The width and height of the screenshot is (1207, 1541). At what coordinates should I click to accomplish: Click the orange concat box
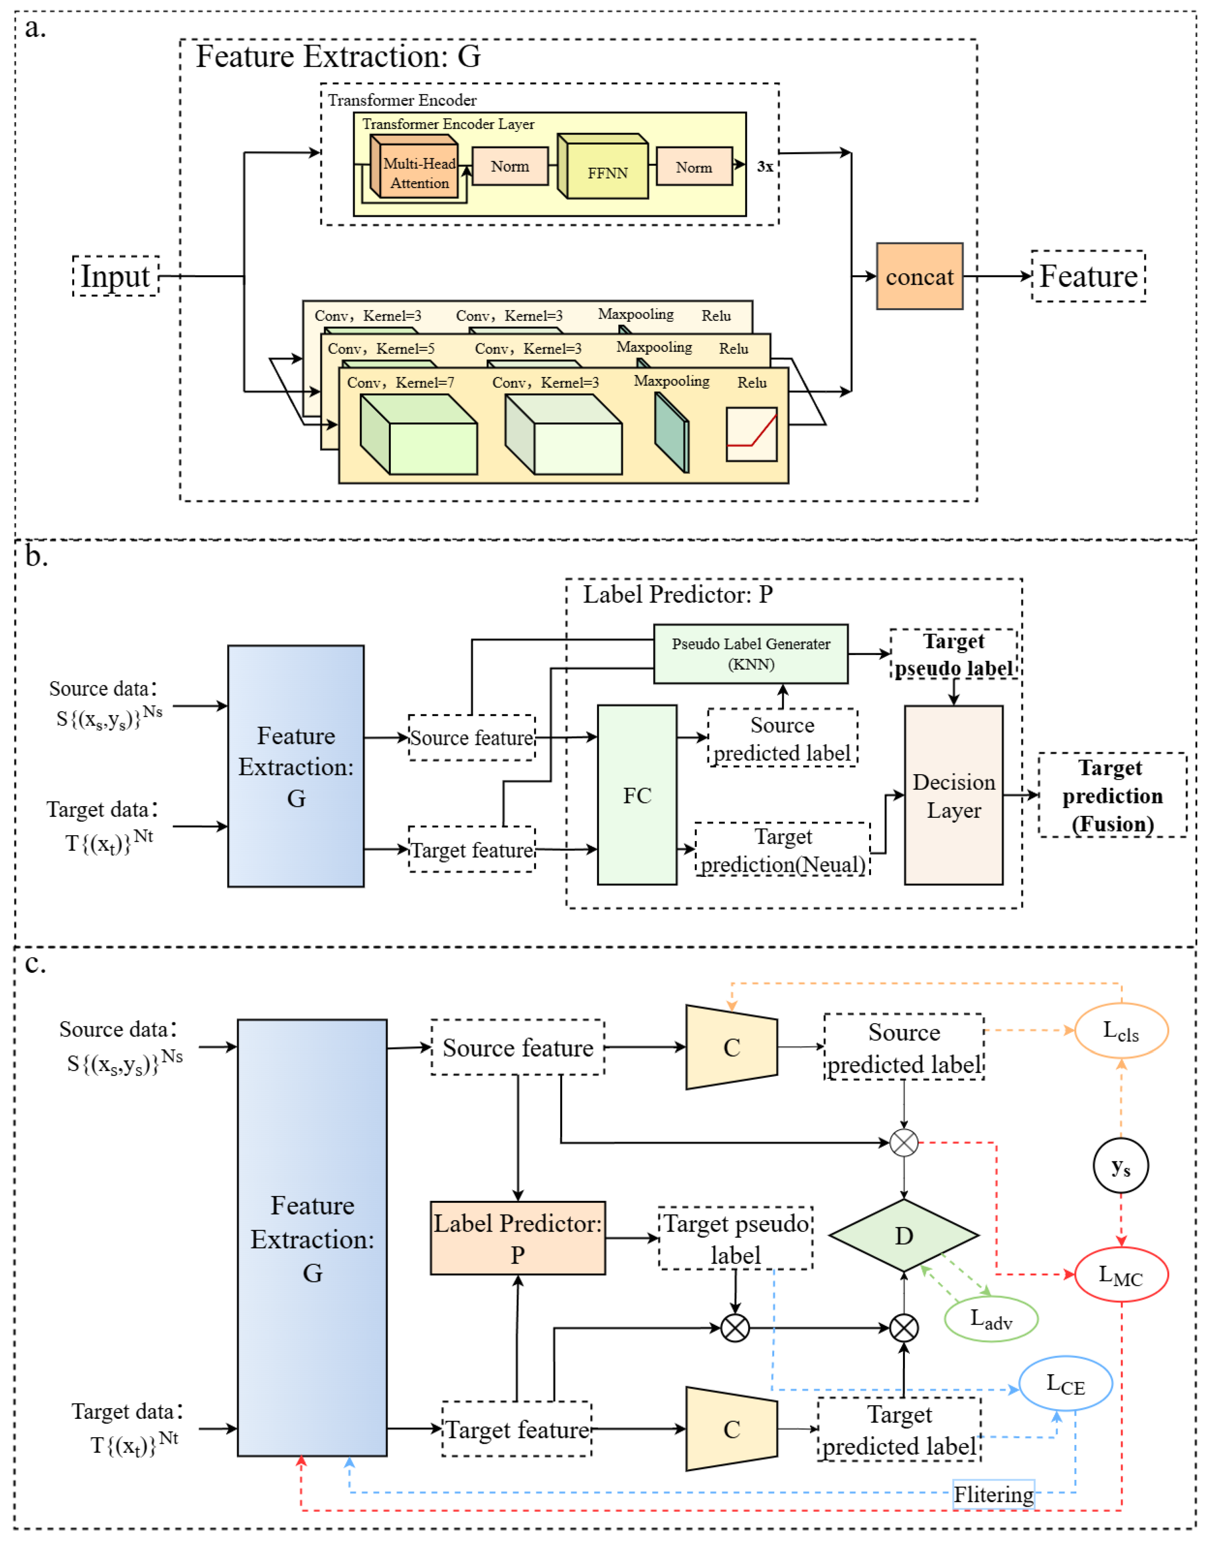pyautogui.click(x=919, y=276)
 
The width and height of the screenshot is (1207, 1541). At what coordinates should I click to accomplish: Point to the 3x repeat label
pyautogui.click(x=764, y=167)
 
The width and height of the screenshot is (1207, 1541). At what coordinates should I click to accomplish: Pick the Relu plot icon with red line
pyautogui.click(x=751, y=434)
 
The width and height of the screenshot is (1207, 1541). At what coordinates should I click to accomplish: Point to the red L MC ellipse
pyautogui.click(x=1121, y=1275)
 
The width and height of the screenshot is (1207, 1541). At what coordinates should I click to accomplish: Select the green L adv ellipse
pyautogui.click(x=991, y=1318)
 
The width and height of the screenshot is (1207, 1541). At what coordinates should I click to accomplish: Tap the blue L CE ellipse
pyautogui.click(x=1065, y=1383)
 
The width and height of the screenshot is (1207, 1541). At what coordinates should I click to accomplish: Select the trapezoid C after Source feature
pyautogui.click(x=731, y=1047)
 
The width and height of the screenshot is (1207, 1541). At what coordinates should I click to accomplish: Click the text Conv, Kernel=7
pyautogui.click(x=400, y=382)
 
